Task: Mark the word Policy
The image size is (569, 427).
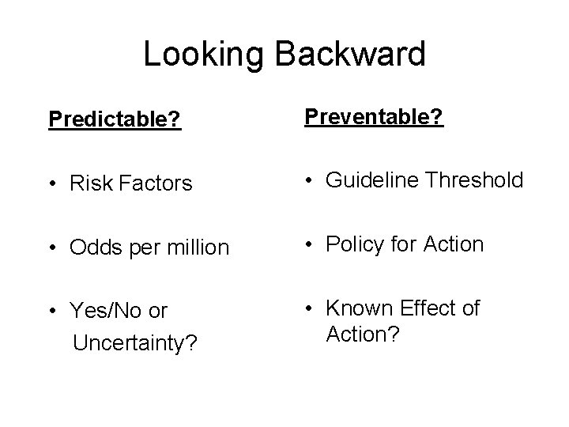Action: coord(353,245)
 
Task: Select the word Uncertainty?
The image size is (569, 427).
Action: coord(134,343)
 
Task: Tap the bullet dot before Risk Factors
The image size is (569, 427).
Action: coord(53,184)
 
